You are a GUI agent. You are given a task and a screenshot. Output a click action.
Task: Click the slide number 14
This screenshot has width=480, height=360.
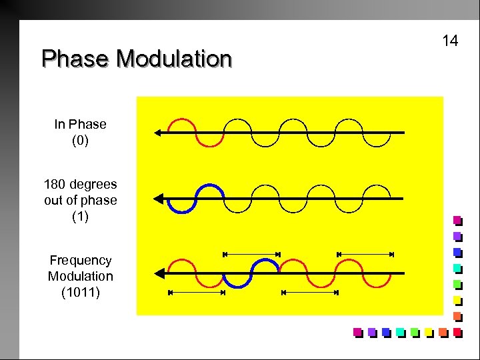pos(450,41)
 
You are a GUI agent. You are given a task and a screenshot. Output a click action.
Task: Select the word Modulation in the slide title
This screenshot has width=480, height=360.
pos(174,59)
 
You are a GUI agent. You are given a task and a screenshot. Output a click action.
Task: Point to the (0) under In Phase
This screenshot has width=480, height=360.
pos(80,141)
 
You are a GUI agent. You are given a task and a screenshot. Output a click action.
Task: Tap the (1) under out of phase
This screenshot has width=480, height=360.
pos(80,217)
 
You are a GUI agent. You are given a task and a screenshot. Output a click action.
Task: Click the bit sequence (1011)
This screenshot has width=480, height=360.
pos(80,291)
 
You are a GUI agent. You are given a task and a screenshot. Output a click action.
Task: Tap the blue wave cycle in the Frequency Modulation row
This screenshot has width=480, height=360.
pos(251,273)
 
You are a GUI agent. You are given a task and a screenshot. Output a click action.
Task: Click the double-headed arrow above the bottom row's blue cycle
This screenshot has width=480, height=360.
pos(251,254)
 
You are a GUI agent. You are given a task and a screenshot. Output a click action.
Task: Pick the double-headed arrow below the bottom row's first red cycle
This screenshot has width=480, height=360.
pos(195,293)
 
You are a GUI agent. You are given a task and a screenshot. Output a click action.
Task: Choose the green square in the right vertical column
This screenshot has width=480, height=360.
pos(457,284)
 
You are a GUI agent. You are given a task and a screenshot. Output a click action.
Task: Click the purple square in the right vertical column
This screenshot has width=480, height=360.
pos(457,236)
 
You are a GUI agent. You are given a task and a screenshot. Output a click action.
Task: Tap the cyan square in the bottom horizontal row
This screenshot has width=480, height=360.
pos(400,332)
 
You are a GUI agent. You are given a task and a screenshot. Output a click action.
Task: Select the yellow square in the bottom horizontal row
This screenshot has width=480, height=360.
pos(429,332)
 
